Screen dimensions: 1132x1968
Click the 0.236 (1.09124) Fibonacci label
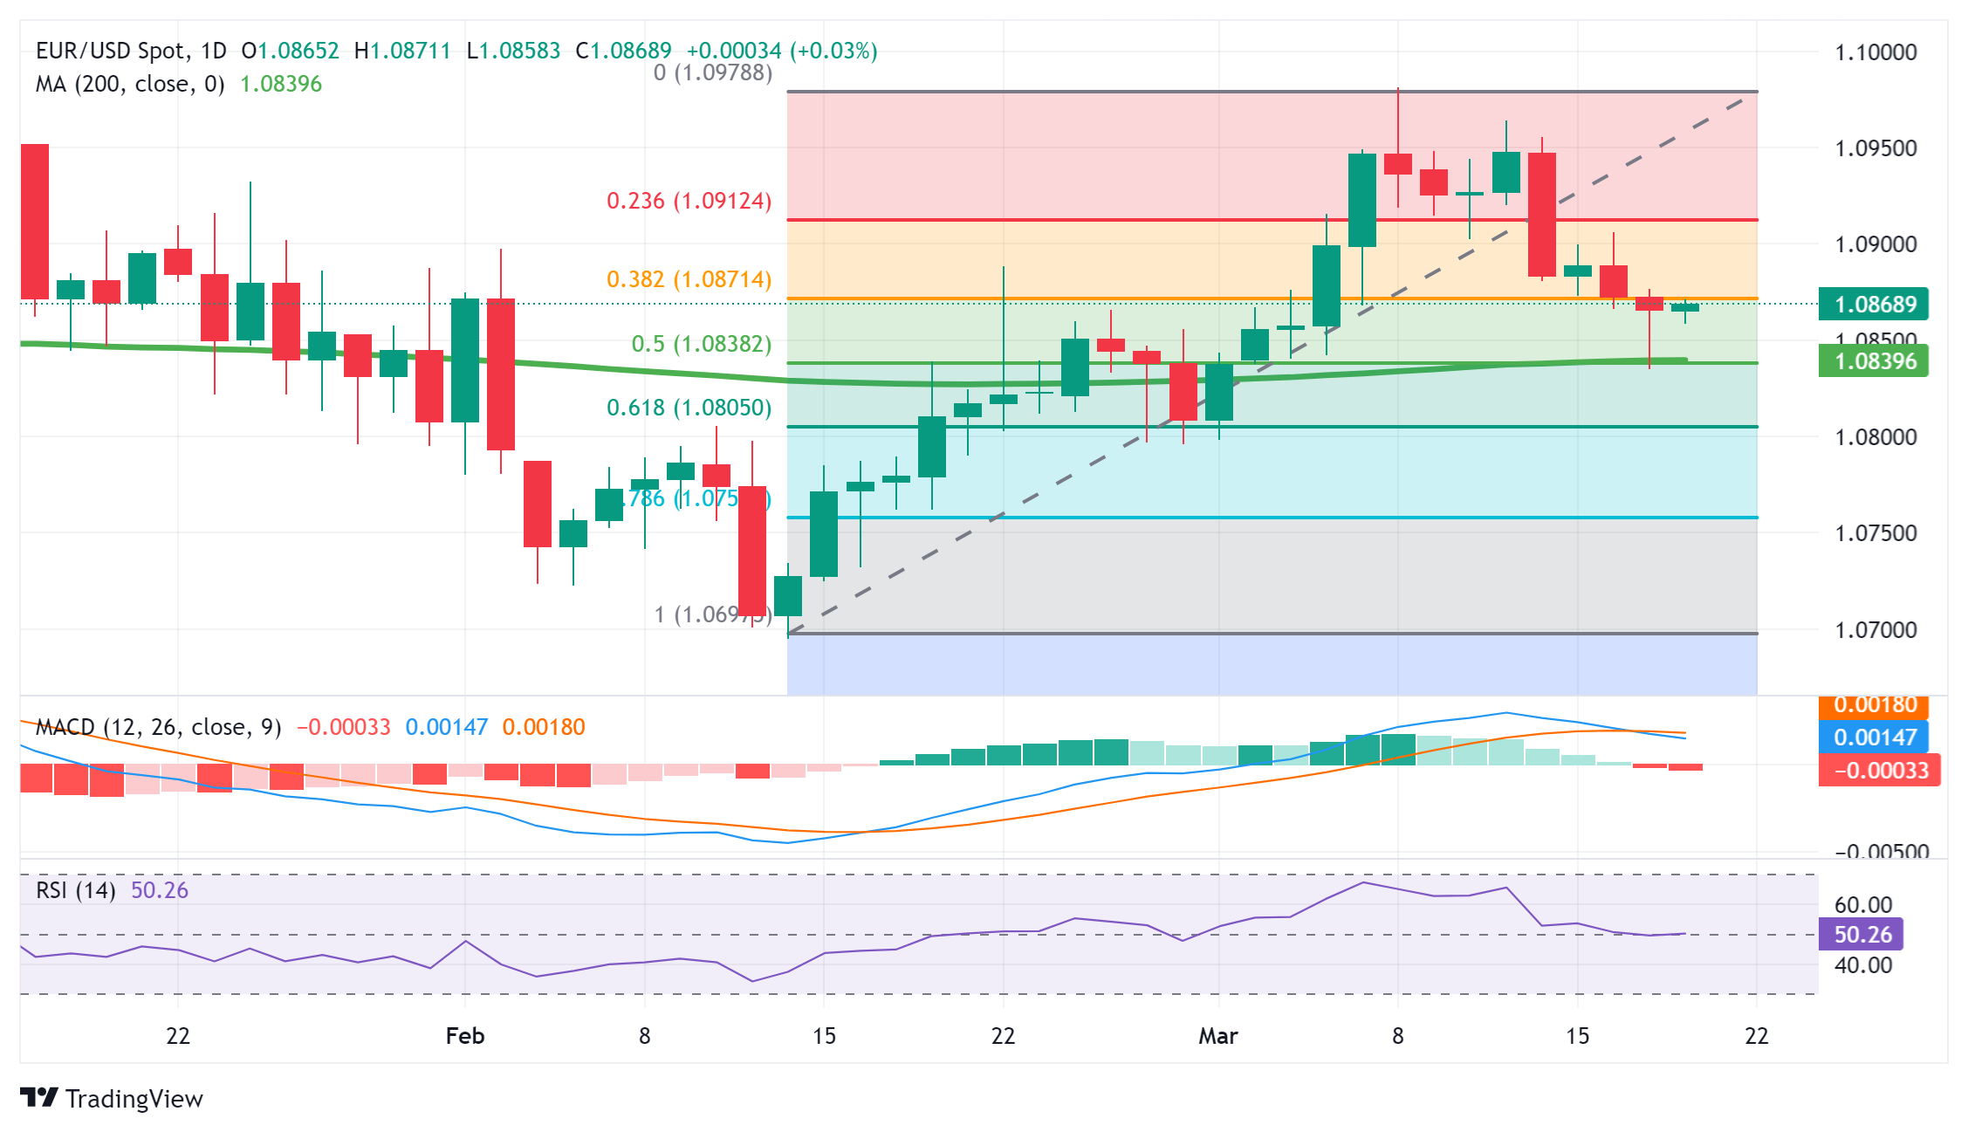tap(689, 201)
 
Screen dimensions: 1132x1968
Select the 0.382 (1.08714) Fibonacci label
tap(689, 279)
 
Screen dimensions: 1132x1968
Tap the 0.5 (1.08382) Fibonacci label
tap(701, 344)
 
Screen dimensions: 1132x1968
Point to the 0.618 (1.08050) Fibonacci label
tap(689, 408)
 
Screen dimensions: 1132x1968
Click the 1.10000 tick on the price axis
tap(1875, 52)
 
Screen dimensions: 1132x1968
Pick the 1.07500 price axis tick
tap(1875, 533)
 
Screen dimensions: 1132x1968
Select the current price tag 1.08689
tap(1875, 305)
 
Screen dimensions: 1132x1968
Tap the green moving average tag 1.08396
tap(1875, 361)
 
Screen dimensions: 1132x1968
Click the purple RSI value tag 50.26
tap(1862, 935)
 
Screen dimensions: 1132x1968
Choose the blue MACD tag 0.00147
tap(1875, 738)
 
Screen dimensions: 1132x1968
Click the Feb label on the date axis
tap(464, 1036)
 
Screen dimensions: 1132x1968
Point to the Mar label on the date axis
tap(1217, 1036)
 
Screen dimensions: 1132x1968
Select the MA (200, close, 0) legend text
tap(130, 84)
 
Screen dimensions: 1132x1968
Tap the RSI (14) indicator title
tap(76, 890)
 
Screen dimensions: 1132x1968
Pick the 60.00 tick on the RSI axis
tap(1862, 905)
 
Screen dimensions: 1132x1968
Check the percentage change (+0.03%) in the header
tap(833, 51)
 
